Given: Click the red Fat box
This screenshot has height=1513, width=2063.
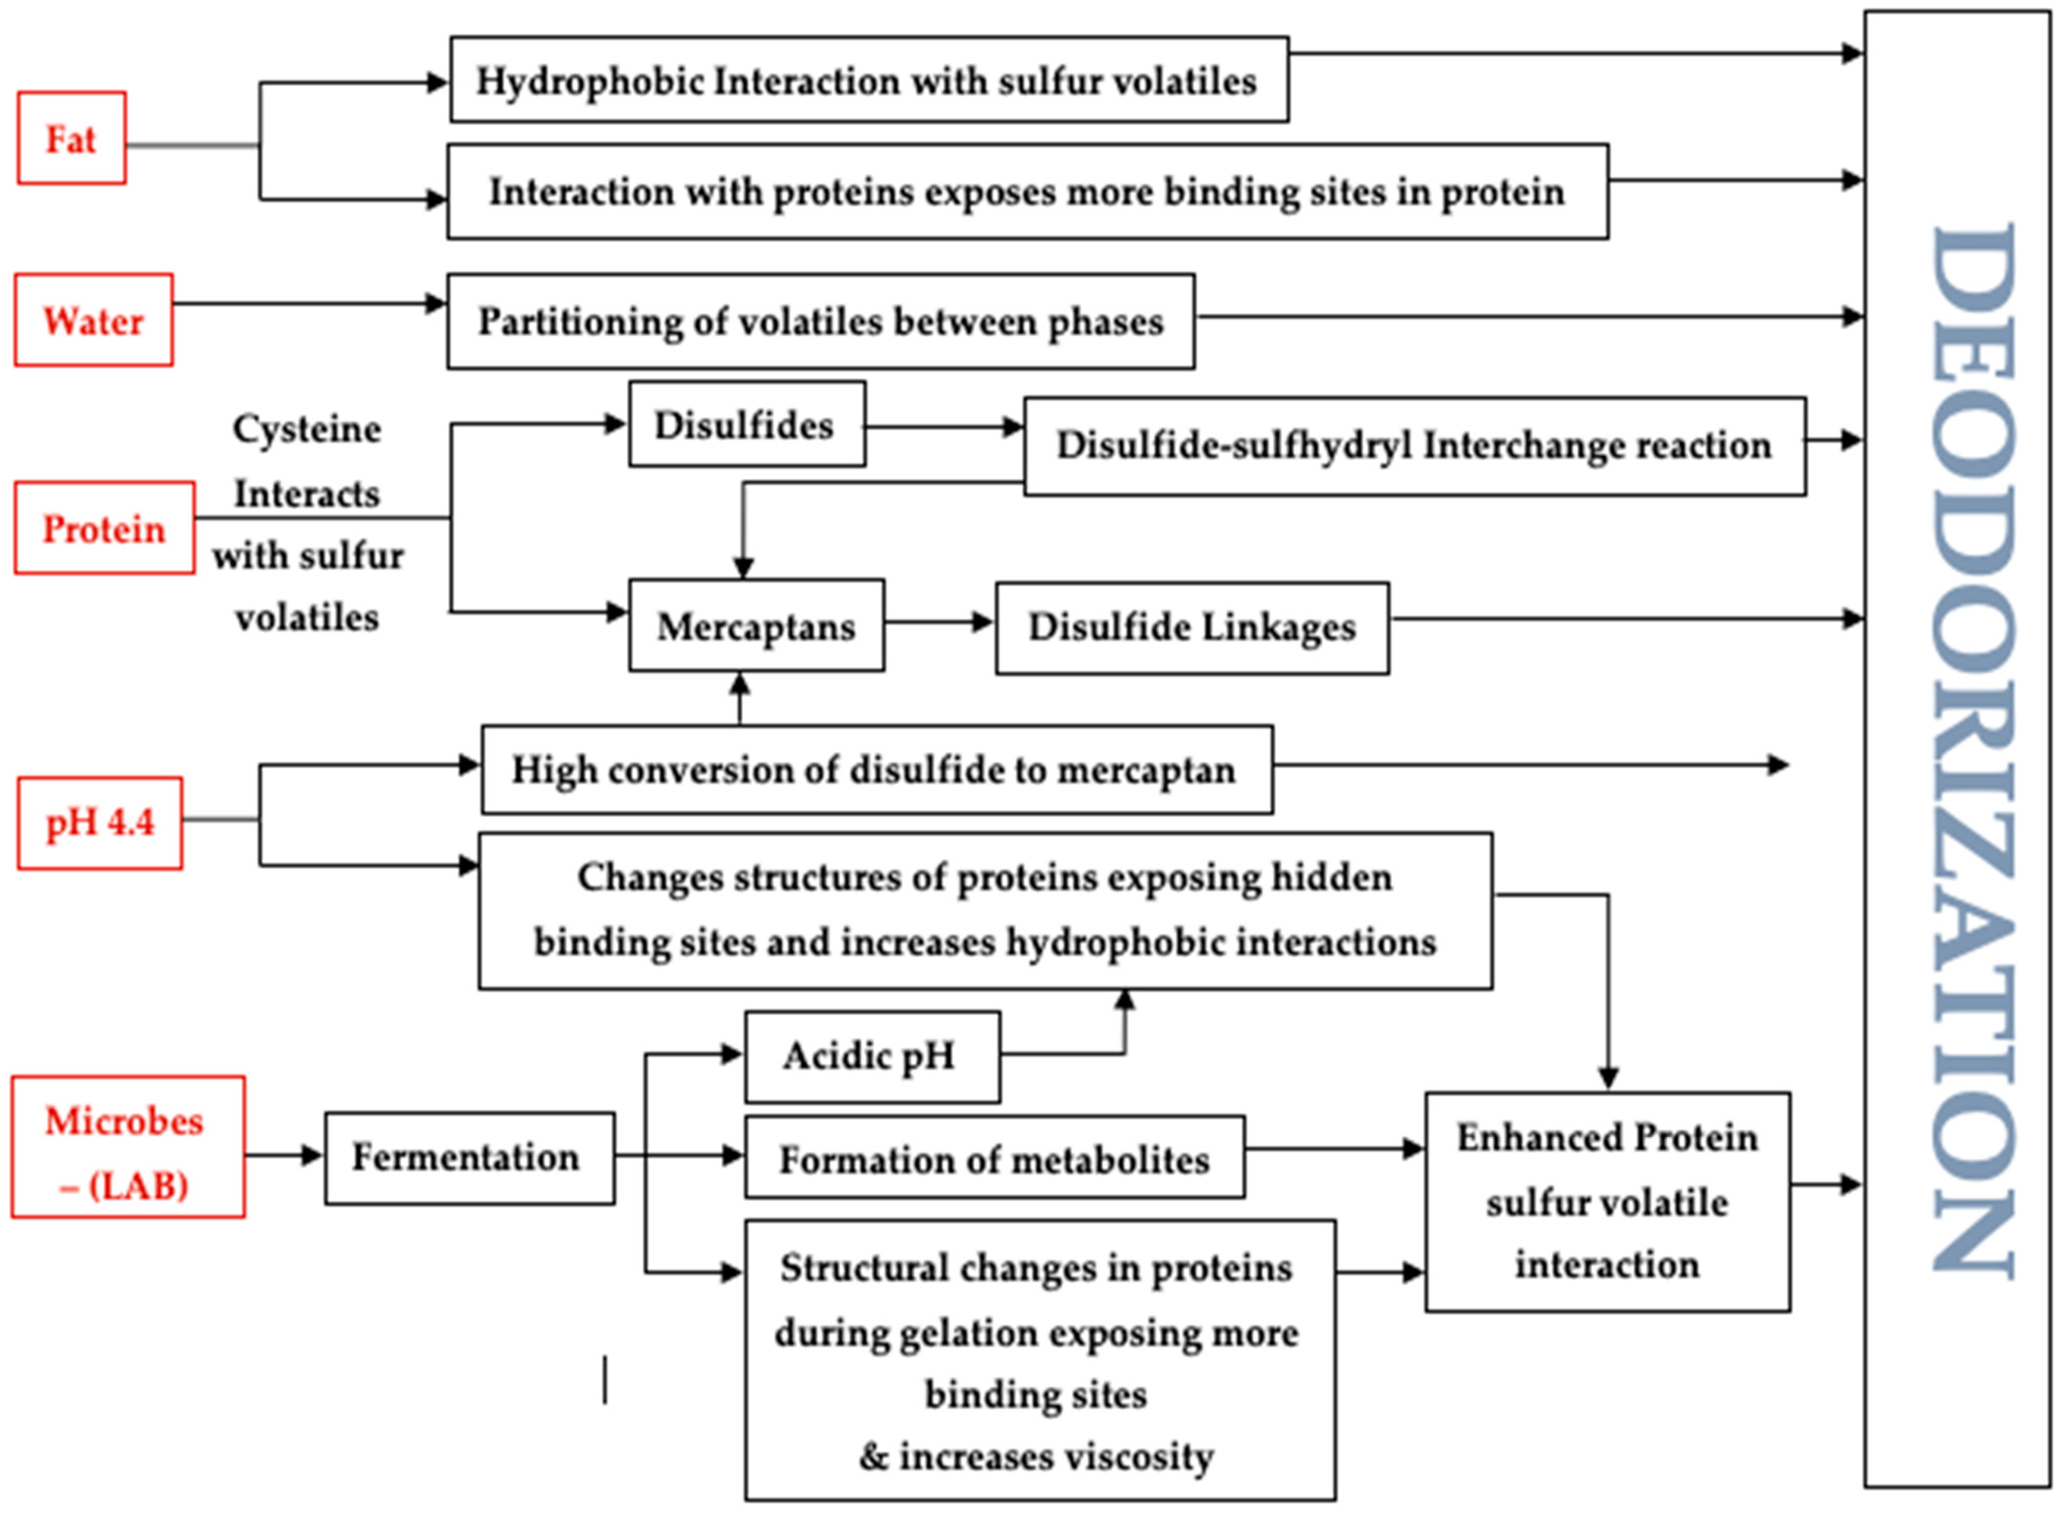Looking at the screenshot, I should tap(71, 138).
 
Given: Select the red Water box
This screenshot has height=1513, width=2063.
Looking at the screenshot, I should tap(93, 320).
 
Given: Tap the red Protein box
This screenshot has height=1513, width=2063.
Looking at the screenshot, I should tap(104, 528).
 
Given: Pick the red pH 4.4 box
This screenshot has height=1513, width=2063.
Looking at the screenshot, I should tap(100, 822).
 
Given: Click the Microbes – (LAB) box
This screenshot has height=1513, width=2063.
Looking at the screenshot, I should tap(128, 1147).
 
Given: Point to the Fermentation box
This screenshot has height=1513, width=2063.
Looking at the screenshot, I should tap(469, 1158).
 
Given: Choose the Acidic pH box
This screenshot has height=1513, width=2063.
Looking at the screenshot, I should tap(871, 1056).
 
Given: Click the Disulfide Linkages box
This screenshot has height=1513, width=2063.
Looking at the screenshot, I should tap(1191, 628).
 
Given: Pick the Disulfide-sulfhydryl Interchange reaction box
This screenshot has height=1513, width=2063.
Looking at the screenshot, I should tap(1413, 446).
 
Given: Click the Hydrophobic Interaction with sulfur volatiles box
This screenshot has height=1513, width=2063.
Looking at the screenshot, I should tap(868, 81).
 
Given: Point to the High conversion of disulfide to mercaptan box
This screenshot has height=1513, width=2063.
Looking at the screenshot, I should tap(876, 769).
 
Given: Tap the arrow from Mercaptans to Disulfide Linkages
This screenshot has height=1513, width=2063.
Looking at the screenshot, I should tap(940, 623).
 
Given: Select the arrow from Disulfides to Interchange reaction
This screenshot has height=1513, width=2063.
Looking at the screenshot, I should tap(943, 427).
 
